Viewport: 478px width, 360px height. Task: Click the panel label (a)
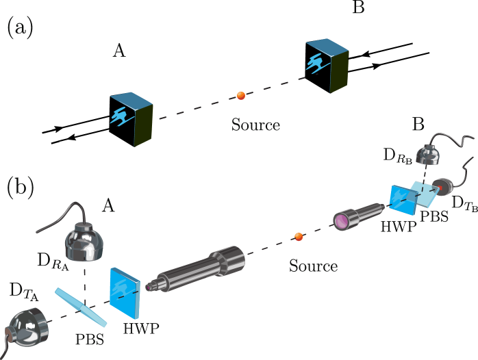tap(20, 27)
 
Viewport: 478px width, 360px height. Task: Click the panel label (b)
tap(20, 188)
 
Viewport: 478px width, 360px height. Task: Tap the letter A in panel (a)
tap(118, 51)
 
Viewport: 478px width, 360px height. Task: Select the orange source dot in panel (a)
tap(241, 96)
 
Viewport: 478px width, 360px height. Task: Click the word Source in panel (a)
tap(255, 125)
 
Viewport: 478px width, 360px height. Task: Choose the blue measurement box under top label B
tap(328, 64)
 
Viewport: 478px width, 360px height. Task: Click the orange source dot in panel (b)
tap(299, 237)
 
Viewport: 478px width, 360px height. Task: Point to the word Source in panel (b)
tap(313, 266)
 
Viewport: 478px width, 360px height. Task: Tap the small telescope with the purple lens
tap(356, 214)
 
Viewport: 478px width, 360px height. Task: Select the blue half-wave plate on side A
tap(125, 290)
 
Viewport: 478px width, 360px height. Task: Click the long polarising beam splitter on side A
tap(81, 309)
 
